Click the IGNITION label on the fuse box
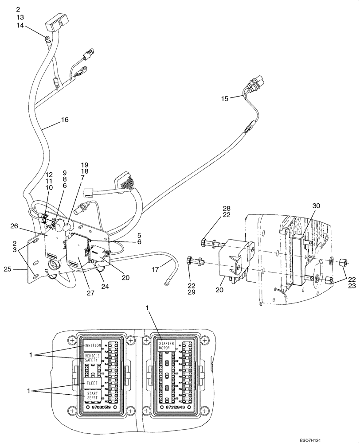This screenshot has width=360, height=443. click(x=92, y=345)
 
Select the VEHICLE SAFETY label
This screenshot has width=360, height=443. click(x=92, y=358)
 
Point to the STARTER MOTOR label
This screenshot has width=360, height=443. click(x=166, y=345)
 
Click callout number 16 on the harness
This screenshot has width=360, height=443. click(x=65, y=120)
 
